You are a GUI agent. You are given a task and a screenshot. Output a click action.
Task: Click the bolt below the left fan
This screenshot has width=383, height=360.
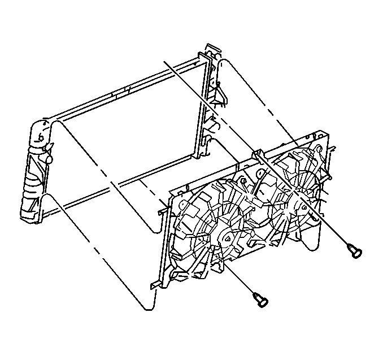click(259, 299)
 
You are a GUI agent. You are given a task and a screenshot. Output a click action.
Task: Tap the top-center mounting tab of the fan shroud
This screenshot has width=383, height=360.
click(257, 153)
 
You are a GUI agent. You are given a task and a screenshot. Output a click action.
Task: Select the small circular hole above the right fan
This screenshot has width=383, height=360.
click(320, 148)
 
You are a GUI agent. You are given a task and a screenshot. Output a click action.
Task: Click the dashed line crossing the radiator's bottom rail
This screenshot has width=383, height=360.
click(113, 184)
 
